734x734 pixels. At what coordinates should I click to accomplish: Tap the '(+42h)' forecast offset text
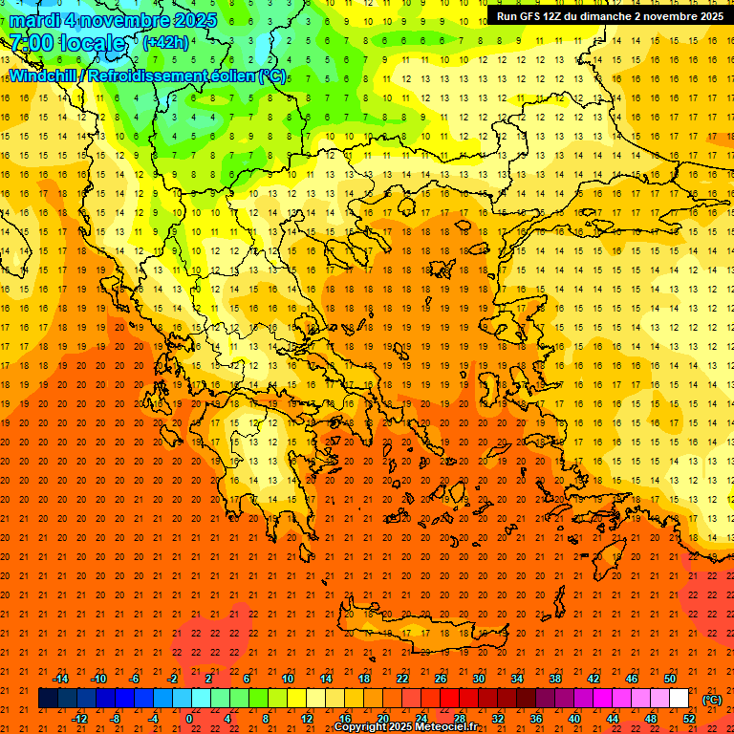coord(165,43)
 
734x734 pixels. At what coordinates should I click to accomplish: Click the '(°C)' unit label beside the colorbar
coord(711,701)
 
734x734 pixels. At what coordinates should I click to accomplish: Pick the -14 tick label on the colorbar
coord(60,678)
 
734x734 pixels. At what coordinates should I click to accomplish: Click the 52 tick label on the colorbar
coord(689,719)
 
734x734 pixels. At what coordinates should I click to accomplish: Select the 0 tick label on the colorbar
coord(188,719)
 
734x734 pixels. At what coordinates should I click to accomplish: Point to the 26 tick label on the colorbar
coord(441,678)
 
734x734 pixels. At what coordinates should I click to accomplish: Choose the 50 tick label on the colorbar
coord(670,678)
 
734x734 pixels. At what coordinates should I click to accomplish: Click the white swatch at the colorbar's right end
coord(680,699)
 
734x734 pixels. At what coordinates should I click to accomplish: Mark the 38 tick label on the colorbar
coord(555,678)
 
